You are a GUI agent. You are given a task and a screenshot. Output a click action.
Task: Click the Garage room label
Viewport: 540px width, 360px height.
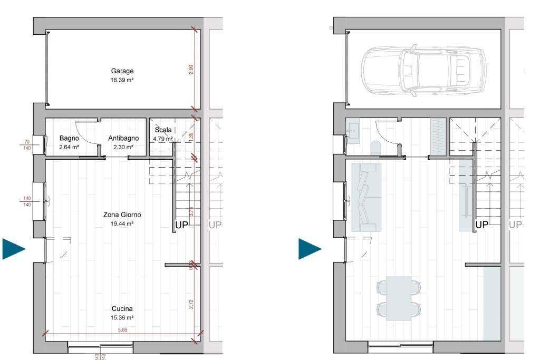point(122,71)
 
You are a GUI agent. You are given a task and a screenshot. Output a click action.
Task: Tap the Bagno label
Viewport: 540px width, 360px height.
point(69,138)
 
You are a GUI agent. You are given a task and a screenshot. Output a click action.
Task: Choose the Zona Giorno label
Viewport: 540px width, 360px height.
point(122,215)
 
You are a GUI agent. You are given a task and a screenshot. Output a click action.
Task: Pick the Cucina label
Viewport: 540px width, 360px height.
point(122,309)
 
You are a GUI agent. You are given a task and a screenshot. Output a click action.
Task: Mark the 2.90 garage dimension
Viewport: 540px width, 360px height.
point(191,70)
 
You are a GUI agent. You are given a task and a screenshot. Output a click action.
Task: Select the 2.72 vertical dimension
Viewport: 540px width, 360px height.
point(191,304)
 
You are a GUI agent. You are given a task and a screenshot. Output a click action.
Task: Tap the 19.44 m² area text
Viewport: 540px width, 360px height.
point(122,223)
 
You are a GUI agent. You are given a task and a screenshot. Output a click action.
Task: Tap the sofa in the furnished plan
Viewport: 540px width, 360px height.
point(366,197)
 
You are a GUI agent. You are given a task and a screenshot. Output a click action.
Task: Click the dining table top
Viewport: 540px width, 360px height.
point(399,298)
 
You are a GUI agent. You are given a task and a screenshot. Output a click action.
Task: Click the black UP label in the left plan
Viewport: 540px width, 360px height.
point(181,226)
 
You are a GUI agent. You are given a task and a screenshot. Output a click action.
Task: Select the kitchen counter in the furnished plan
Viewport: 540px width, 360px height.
point(492,303)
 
